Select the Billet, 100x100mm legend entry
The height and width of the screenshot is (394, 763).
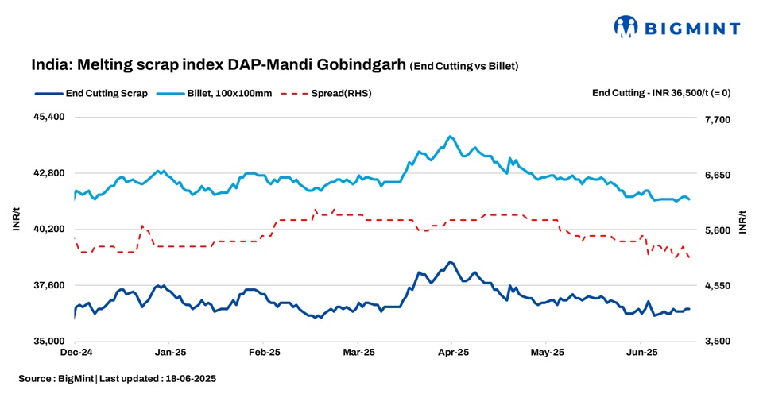[x=229, y=93]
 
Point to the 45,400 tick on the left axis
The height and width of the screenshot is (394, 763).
[x=47, y=117]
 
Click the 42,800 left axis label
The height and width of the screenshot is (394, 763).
[x=47, y=173]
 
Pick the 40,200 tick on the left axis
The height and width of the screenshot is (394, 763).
[x=47, y=229]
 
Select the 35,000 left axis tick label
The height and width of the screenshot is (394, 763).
[x=47, y=342]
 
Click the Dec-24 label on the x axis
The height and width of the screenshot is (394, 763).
[x=76, y=352]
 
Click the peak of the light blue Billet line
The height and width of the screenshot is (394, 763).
[x=450, y=136]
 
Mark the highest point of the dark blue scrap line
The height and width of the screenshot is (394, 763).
[x=450, y=261]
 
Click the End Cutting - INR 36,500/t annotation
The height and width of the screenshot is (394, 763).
[x=661, y=93]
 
